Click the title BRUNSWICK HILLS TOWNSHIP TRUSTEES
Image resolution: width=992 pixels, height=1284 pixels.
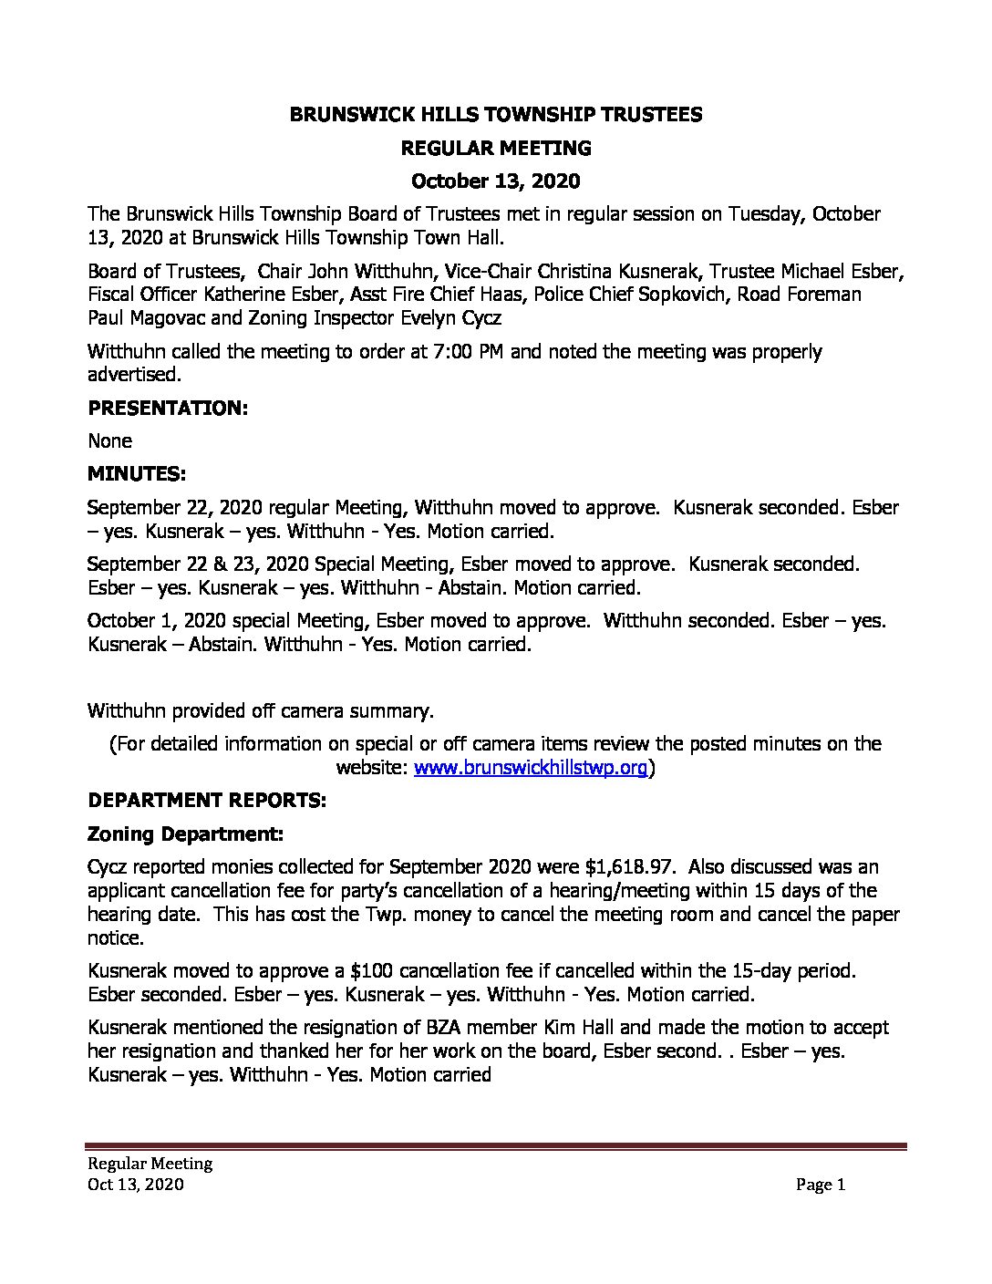tap(495, 114)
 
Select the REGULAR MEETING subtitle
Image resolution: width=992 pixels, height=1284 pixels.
tap(495, 148)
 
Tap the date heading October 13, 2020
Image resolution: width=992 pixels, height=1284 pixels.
tap(495, 181)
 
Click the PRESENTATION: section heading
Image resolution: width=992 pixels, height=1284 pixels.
tap(168, 408)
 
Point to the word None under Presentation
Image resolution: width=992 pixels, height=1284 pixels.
tap(109, 440)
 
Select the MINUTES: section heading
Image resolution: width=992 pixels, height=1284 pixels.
tap(137, 474)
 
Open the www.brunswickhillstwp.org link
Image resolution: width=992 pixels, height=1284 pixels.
tap(531, 768)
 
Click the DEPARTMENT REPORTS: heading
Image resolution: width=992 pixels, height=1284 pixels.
tap(207, 801)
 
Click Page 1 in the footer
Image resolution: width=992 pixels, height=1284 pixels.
tap(821, 1185)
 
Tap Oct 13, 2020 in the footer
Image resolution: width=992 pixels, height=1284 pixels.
tap(136, 1185)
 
